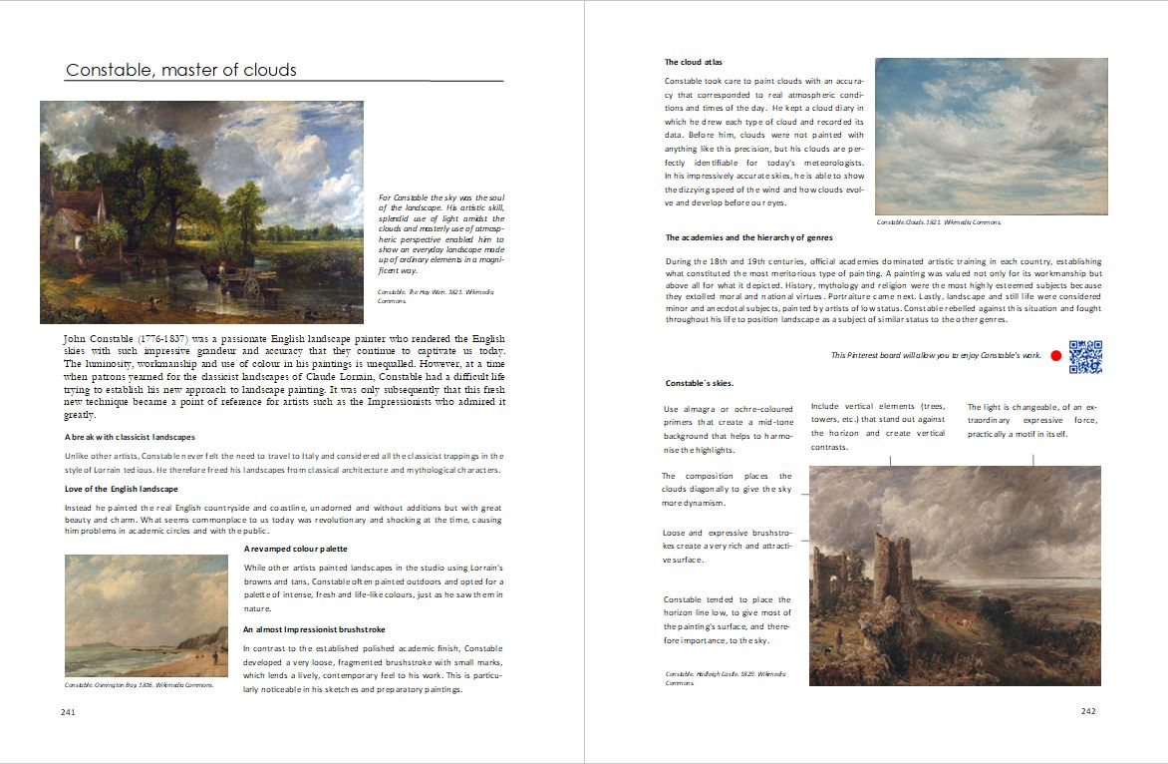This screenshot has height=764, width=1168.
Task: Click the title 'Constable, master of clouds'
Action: pos(180,70)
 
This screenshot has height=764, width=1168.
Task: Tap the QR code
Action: pos(1085,357)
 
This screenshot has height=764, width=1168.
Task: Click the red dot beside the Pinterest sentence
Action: pos(1056,356)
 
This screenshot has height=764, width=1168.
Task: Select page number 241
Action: pos(68,712)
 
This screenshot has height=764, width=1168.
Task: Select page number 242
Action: pos(1088,711)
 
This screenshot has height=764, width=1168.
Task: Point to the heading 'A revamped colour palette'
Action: pos(295,550)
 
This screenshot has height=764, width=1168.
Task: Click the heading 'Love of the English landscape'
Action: pos(121,489)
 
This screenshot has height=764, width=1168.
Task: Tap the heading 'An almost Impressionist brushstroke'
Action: pos(314,629)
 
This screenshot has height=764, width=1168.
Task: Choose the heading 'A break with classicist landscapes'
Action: pos(129,437)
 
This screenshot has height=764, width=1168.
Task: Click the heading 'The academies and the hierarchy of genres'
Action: pos(748,237)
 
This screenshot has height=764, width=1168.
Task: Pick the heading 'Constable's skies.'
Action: pos(699,383)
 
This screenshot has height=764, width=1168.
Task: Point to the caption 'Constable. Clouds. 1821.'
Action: pos(938,221)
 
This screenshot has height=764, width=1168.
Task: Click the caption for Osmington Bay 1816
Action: pos(138,685)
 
